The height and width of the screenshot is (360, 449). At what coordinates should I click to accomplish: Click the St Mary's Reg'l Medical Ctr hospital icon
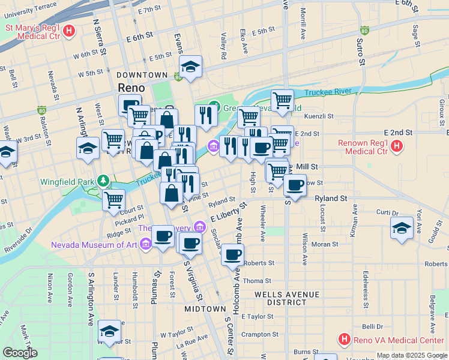(69, 30)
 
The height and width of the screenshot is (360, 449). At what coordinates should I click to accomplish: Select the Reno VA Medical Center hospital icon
(344, 340)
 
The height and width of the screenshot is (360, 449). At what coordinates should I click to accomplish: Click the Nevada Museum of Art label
(94, 245)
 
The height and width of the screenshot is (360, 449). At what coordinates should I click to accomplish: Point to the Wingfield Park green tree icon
(103, 181)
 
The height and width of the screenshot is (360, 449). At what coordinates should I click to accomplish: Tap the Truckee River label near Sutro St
(327, 92)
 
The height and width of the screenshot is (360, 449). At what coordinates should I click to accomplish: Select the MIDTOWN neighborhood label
(205, 308)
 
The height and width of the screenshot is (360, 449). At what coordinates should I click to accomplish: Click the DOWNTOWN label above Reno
(142, 75)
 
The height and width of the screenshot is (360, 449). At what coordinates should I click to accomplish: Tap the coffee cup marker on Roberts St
(232, 254)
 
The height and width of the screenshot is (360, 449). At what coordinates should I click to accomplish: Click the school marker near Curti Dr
(402, 227)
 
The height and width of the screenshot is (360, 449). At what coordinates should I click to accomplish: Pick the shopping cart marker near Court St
(113, 200)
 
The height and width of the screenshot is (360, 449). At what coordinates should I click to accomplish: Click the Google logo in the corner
(19, 353)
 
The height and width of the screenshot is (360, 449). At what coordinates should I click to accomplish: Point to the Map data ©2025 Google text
(412, 355)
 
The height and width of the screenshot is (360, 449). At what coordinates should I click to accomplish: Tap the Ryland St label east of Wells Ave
(331, 198)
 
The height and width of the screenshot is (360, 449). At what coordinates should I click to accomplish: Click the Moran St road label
(325, 244)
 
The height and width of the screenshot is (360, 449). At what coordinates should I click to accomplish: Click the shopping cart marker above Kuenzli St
(282, 100)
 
